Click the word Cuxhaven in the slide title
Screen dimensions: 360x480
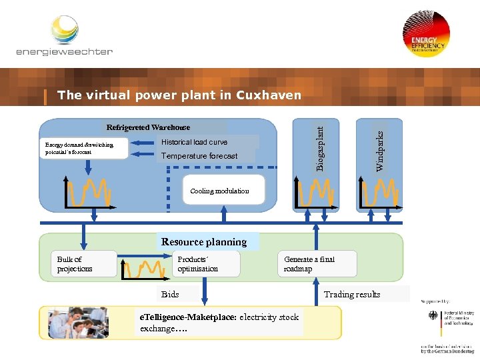coord(269,95)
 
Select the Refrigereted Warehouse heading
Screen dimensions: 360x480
coord(148,127)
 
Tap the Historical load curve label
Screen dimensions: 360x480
coord(194,142)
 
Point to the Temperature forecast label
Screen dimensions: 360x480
coord(199,156)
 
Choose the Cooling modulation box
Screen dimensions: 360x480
coord(219,191)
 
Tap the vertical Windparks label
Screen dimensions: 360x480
coord(379,150)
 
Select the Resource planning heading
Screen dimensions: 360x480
coord(204,242)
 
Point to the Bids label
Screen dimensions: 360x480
coord(171,294)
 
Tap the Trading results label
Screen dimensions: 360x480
coord(352,294)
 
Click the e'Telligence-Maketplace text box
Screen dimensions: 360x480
coord(219,323)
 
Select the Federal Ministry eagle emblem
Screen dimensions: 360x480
coord(433,316)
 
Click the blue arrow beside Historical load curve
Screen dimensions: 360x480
coord(143,142)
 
